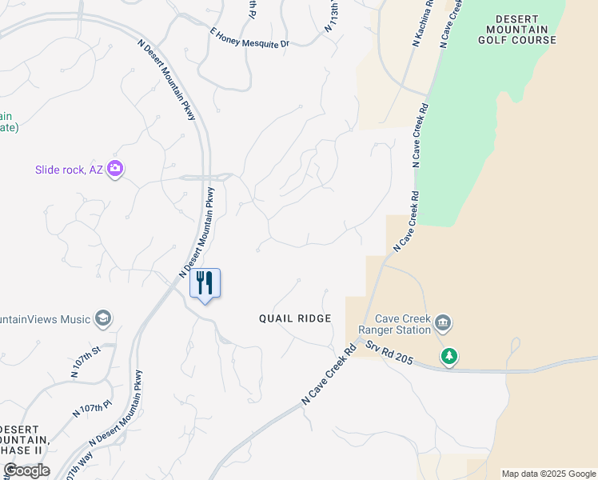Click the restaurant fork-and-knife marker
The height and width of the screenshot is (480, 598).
click(x=205, y=283)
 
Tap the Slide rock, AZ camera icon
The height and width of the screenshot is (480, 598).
click(x=116, y=168)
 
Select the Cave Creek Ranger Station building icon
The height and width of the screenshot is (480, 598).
click(x=444, y=324)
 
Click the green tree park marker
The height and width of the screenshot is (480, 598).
click(x=449, y=355)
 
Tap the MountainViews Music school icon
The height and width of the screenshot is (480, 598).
click(x=102, y=319)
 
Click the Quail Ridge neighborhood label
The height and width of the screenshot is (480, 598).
click(x=294, y=318)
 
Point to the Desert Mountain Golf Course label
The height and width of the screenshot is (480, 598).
click(x=525, y=29)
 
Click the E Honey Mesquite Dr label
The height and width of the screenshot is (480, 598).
click(x=249, y=38)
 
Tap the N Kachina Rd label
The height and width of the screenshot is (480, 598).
click(x=422, y=23)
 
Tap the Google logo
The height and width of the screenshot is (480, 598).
click(x=26, y=470)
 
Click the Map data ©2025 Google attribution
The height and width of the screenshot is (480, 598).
click(x=548, y=474)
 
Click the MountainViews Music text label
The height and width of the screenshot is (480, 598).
click(x=45, y=319)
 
